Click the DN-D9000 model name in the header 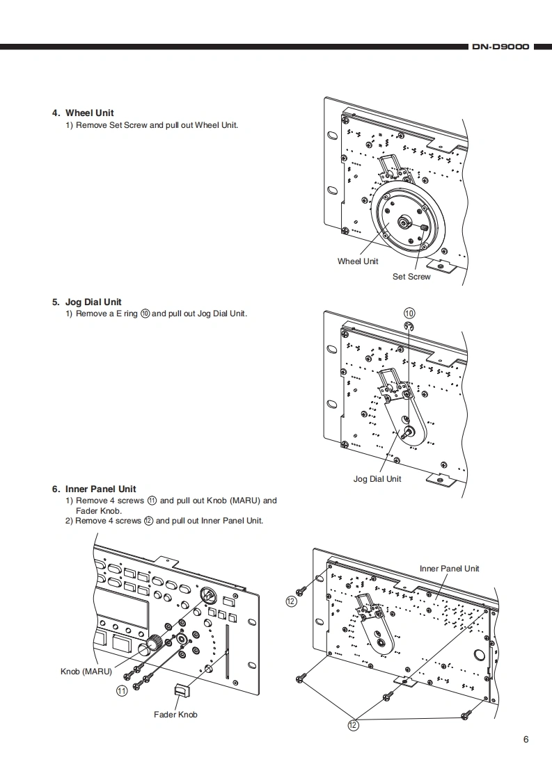click(500, 47)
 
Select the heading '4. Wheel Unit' click(83, 113)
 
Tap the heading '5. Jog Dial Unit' click(86, 302)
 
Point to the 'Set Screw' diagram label click(411, 277)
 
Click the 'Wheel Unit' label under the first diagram click(358, 261)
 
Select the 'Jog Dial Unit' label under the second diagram click(377, 478)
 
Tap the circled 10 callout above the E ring click(409, 312)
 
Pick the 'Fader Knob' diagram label click(175, 714)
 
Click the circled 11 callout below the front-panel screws click(122, 691)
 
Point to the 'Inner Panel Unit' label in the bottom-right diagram click(450, 568)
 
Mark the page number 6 click(526, 739)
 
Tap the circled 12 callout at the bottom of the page click(354, 725)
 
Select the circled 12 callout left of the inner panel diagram click(291, 601)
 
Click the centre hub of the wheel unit click(404, 222)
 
